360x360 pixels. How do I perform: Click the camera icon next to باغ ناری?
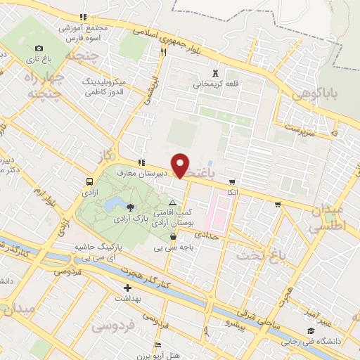pos(39,48)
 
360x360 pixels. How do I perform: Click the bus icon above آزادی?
pos(89,179)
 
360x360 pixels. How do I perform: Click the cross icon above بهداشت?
pos(127,288)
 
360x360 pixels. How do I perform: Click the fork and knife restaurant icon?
pos(164,51)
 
